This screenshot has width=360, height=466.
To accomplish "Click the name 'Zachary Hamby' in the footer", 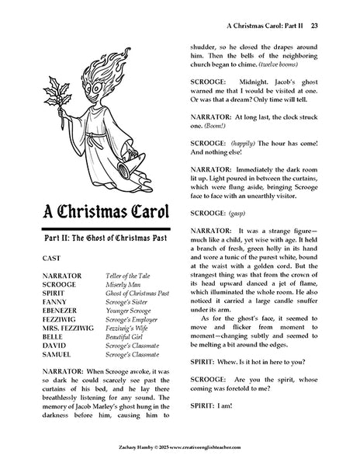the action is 102,458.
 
